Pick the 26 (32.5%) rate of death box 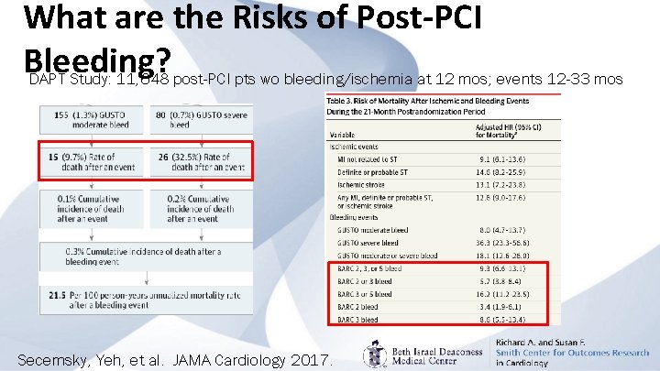point(202,162)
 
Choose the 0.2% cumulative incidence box point(202,208)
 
